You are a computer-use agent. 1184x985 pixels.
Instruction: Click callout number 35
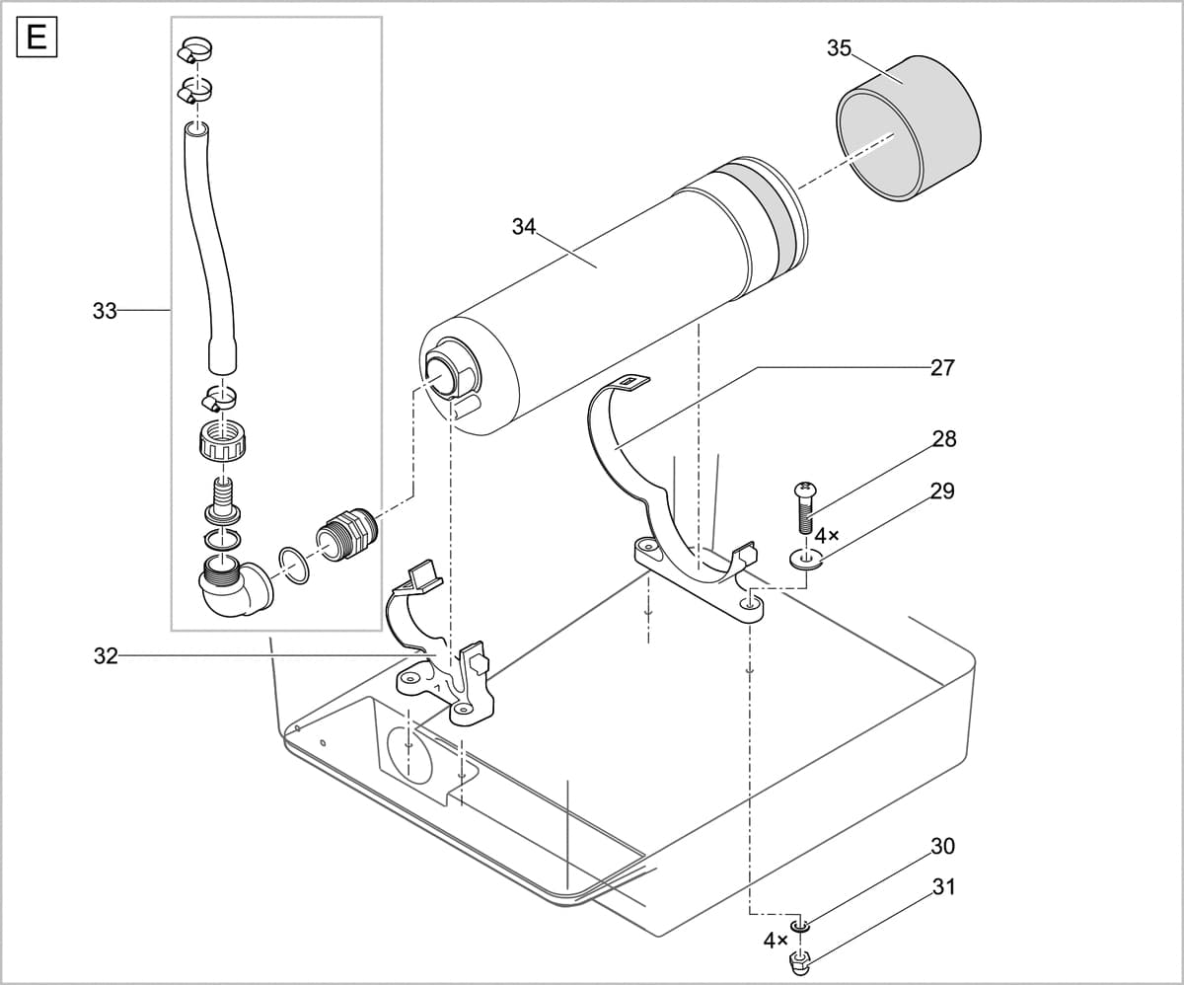click(x=839, y=47)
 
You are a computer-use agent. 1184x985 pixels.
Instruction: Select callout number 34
click(x=524, y=226)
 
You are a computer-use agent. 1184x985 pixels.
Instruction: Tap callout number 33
click(x=105, y=311)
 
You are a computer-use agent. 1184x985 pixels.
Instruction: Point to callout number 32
click(x=106, y=655)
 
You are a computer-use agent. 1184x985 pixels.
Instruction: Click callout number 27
click(x=942, y=367)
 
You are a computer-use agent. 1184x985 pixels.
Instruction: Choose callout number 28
click(x=943, y=438)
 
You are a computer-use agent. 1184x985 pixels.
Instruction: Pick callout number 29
click(x=942, y=491)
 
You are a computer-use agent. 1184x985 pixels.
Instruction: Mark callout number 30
click(x=942, y=846)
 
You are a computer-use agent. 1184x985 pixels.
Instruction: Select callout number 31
click(x=943, y=887)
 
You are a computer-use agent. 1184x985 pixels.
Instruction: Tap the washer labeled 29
click(x=806, y=561)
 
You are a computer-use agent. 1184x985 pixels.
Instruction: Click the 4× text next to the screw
click(x=827, y=536)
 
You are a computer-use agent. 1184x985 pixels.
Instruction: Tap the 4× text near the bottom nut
click(x=776, y=941)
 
